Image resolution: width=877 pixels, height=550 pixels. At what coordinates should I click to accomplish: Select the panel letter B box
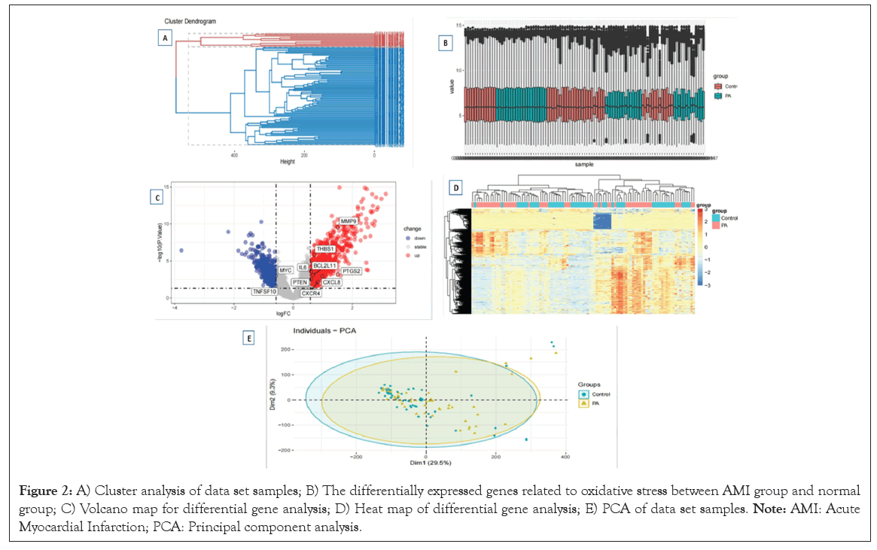pos(446,43)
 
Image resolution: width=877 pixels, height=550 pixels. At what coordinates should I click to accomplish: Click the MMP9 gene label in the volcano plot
pos(348,221)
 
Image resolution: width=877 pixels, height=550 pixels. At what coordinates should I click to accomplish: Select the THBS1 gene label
pos(324,248)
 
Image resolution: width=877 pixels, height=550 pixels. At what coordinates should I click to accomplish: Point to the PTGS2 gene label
pos(351,270)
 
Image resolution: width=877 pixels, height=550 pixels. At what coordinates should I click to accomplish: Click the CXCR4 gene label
pos(312,293)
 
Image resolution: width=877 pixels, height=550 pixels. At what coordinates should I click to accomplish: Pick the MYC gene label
pos(285,269)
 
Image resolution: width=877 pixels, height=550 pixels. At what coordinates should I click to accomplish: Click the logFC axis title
pos(285,311)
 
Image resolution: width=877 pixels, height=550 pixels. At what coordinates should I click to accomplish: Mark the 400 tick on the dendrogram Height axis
pos(234,153)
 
